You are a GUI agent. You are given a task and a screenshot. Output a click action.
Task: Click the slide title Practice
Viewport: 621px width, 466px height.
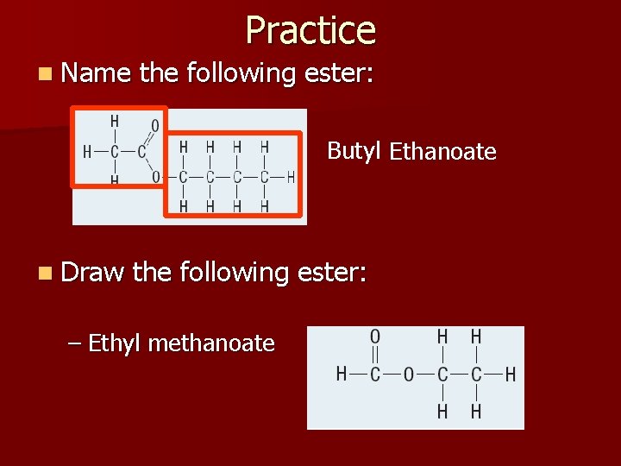click(310, 30)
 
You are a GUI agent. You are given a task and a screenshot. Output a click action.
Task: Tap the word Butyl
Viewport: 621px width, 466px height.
click(354, 151)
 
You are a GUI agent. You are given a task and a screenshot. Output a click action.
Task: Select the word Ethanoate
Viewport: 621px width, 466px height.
click(442, 153)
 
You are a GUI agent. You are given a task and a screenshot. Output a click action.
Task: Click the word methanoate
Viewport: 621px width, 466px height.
click(211, 343)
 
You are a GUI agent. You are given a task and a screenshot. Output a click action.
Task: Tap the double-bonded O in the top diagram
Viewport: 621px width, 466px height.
click(154, 126)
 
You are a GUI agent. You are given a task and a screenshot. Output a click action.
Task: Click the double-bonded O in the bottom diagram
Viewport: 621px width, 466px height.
click(375, 337)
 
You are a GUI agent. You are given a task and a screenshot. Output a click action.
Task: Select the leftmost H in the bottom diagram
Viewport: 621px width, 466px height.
click(342, 375)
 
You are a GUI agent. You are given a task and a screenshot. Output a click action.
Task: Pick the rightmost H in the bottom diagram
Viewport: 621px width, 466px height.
click(511, 375)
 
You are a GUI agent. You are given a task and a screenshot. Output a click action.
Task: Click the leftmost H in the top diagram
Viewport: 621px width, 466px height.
click(86, 152)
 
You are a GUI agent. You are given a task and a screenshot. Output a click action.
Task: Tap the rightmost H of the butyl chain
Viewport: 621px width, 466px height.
click(291, 178)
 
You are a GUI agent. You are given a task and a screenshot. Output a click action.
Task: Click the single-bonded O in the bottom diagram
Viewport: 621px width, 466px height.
click(409, 375)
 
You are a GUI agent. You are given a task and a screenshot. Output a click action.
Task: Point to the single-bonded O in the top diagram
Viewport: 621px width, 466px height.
click(155, 178)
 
